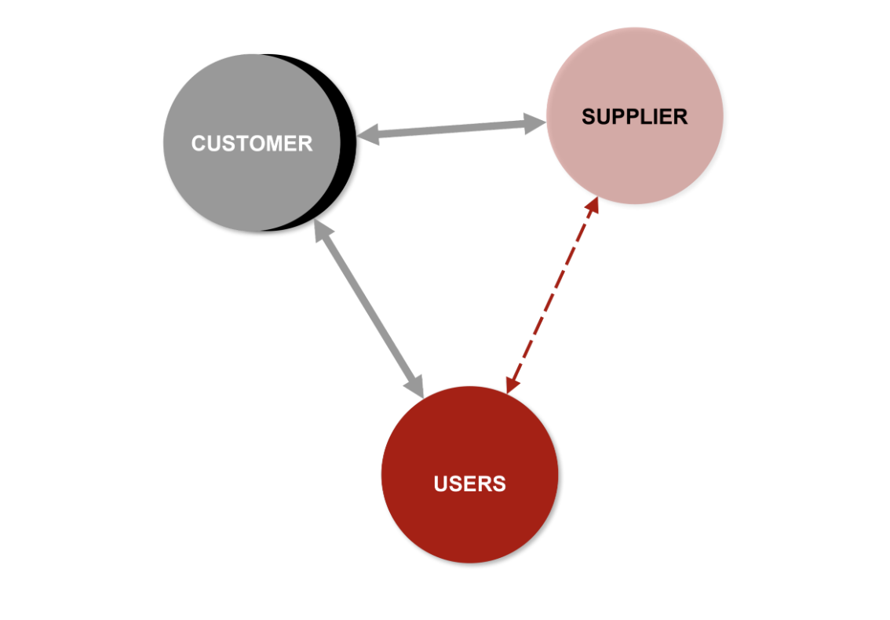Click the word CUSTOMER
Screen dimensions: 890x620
tap(252, 143)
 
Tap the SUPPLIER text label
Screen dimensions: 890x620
tap(635, 116)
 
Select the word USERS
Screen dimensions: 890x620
tap(469, 483)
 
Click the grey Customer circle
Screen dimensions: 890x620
tap(252, 143)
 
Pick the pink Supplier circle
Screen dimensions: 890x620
tap(635, 116)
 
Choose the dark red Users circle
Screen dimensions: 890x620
tap(469, 475)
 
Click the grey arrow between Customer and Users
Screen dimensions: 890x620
tap(369, 308)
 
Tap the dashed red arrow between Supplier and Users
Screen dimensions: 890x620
tap(553, 294)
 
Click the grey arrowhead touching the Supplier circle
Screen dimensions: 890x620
tap(534, 123)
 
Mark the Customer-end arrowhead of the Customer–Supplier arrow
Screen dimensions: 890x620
tap(369, 134)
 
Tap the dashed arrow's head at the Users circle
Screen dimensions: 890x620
tap(512, 385)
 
